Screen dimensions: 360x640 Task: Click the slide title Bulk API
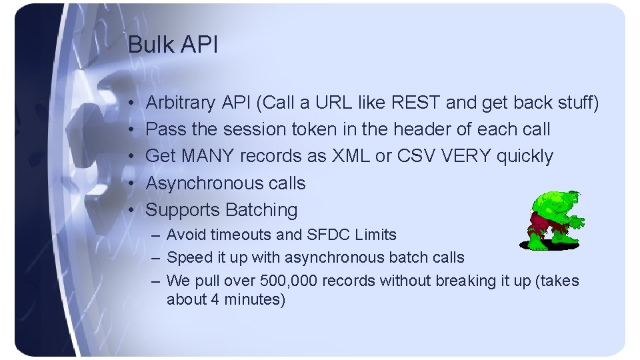[172, 45]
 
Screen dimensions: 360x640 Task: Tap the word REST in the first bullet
[416, 103]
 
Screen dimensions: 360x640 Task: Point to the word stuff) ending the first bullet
[577, 103]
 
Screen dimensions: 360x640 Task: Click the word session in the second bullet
[254, 130]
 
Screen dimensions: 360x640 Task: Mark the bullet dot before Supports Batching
[133, 211]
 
